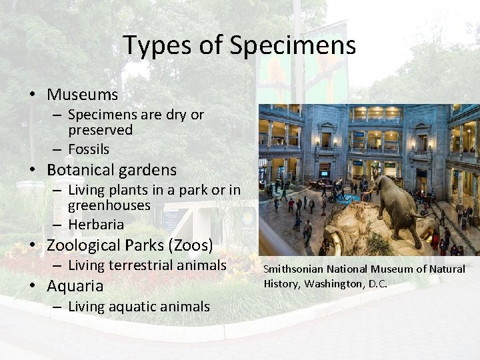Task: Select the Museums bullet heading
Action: [82, 95]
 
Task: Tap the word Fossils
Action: [89, 149]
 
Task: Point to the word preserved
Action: [100, 130]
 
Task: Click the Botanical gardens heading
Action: [111, 170]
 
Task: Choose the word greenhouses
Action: [109, 205]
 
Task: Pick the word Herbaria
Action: [96, 224]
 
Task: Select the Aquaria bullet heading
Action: [75, 286]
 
